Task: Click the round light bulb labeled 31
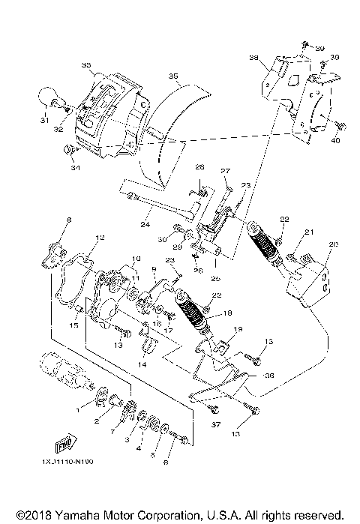48,97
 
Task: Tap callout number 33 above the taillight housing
85,66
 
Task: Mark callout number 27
224,172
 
